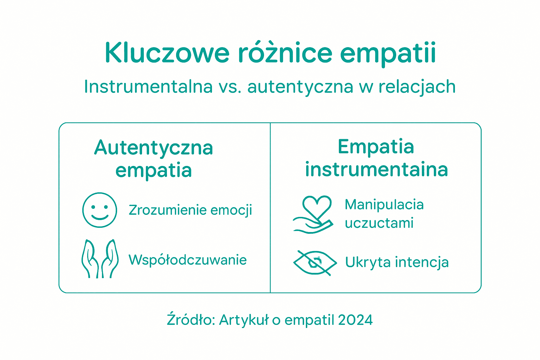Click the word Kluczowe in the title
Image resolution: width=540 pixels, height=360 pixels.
click(x=167, y=53)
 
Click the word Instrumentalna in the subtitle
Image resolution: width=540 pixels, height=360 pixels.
click(x=148, y=86)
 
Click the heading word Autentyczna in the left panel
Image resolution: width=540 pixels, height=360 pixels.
click(x=154, y=148)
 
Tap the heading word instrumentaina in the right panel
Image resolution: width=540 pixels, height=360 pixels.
click(x=377, y=169)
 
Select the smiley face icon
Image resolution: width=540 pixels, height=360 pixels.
click(x=99, y=210)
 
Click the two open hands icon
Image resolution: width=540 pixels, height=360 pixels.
click(x=100, y=259)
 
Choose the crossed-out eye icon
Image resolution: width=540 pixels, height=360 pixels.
click(x=315, y=263)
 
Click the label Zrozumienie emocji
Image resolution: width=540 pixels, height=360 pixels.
click(x=190, y=210)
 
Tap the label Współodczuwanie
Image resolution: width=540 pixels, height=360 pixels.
click(x=187, y=260)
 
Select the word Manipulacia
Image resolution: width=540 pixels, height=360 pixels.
click(x=384, y=205)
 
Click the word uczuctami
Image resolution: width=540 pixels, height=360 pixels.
click(x=379, y=223)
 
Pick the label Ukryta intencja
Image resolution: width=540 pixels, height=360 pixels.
click(x=397, y=263)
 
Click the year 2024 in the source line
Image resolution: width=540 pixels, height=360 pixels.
click(x=355, y=320)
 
